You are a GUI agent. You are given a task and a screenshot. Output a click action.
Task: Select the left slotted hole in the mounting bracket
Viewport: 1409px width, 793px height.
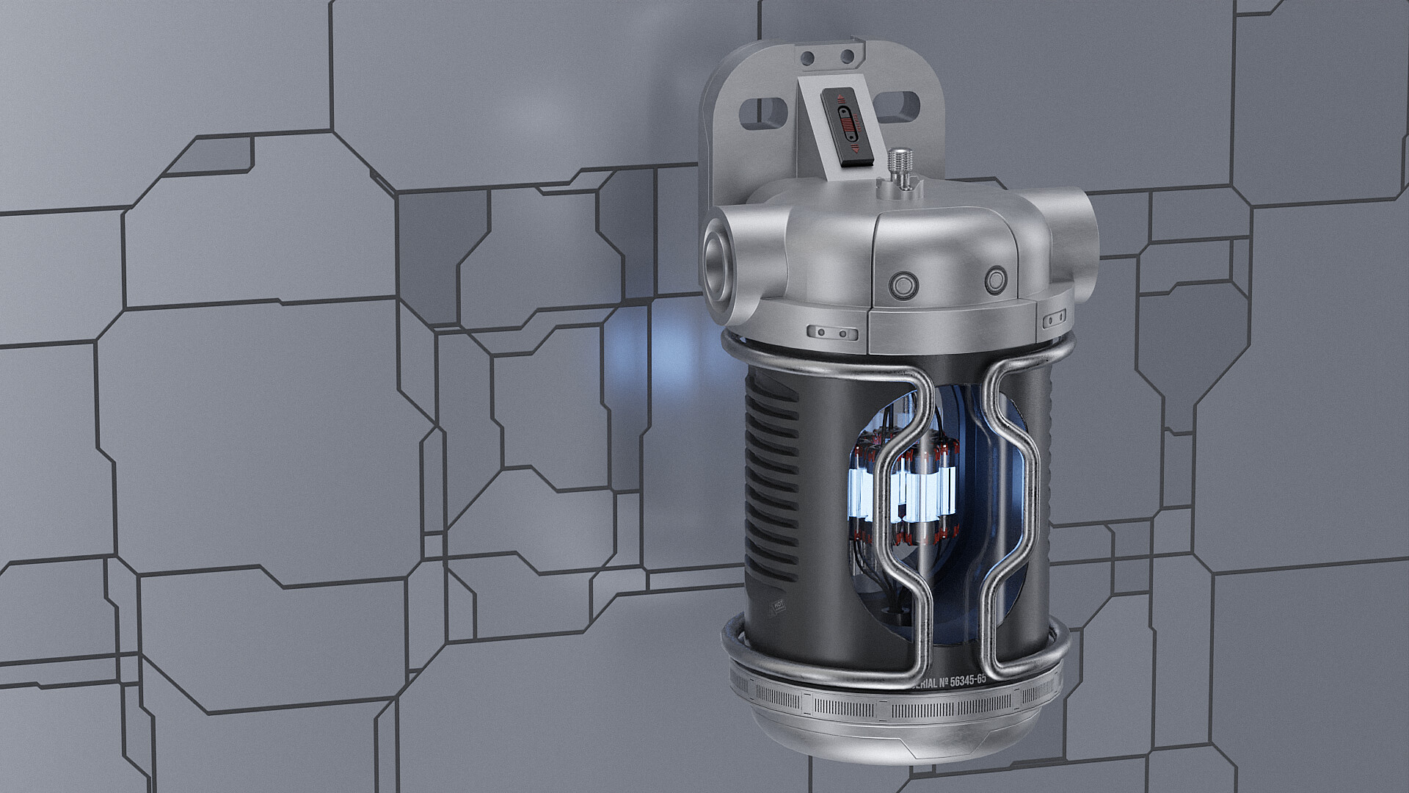761,112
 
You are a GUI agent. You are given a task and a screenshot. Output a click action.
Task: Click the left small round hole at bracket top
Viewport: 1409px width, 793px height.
809,57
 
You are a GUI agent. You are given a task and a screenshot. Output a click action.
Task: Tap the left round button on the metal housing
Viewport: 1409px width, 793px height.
900,283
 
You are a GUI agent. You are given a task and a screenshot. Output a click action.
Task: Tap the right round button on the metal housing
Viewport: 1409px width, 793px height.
995,280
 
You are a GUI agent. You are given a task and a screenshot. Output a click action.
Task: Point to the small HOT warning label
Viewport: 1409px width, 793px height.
777,605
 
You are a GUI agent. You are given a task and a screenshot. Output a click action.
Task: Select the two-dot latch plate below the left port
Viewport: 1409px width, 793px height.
832,333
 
